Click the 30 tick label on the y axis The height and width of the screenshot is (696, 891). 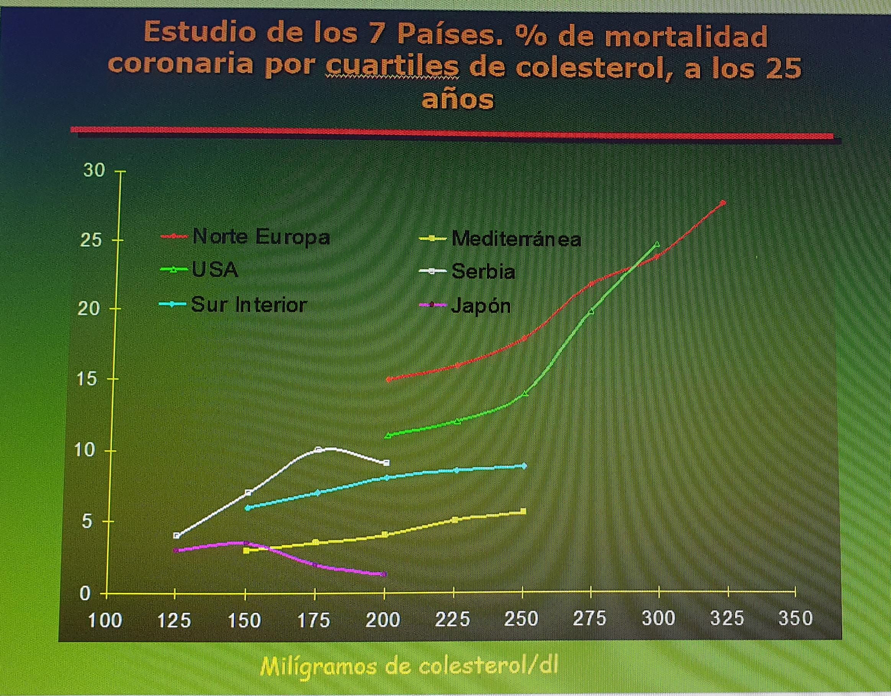pos(94,170)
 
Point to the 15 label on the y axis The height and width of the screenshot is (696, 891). pos(87,379)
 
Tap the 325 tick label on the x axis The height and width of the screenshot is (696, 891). pos(728,619)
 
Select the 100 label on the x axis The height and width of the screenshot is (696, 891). pos(105,621)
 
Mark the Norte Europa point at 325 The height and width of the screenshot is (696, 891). pos(723,203)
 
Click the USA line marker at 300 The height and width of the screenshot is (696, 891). pos(657,244)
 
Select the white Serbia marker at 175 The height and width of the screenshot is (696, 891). pos(318,450)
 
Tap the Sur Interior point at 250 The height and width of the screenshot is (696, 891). pos(524,466)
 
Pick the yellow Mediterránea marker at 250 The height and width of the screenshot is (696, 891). pos(523,511)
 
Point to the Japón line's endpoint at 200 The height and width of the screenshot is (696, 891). pos(384,574)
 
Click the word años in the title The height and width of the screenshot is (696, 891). pos(457,99)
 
